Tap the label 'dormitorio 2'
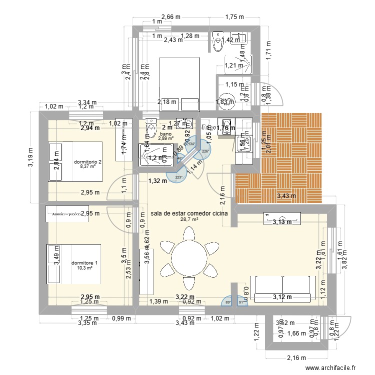[87, 162]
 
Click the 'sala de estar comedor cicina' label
[188, 213]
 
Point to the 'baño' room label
[165, 133]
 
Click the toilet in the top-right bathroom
[218, 42]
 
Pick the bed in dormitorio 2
[75, 162]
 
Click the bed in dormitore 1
[73, 263]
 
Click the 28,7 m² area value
[189, 220]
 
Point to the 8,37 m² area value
[87, 167]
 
